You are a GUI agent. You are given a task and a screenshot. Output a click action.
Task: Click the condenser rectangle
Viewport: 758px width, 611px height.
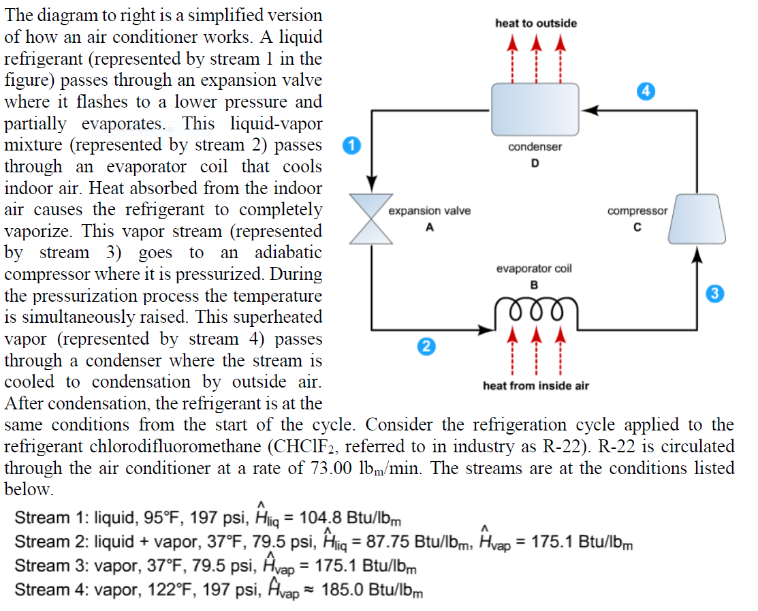pos(535,110)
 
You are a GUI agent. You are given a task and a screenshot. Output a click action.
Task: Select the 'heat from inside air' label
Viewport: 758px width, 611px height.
pos(535,386)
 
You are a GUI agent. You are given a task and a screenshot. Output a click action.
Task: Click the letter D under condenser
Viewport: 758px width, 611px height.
pos(535,163)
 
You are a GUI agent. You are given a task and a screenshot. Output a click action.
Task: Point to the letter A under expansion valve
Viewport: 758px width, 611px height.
pos(429,228)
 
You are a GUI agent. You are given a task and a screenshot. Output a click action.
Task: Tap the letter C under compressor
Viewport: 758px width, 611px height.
pos(637,228)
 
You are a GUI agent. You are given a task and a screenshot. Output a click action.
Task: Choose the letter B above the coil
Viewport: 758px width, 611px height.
pos(535,284)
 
